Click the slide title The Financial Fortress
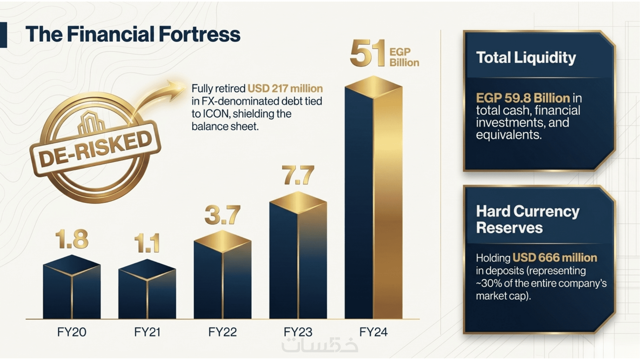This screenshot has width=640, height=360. (133, 34)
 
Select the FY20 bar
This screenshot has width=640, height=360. (72, 287)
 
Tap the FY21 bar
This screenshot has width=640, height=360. (147, 289)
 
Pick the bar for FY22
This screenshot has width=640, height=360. (222, 274)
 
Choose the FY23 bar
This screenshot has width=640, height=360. (298, 255)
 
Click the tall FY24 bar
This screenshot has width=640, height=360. (373, 197)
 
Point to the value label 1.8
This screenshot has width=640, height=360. (72, 239)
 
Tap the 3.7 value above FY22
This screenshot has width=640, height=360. (222, 215)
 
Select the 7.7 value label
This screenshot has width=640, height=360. (298, 175)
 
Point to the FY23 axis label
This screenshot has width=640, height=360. (298, 332)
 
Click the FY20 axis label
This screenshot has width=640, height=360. (72, 332)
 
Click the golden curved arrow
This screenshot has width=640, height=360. (157, 97)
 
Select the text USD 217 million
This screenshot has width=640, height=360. (285, 89)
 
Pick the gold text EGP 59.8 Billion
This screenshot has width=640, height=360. (523, 98)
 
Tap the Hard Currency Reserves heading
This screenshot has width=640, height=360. (528, 220)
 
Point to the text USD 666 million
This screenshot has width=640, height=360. (555, 258)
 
